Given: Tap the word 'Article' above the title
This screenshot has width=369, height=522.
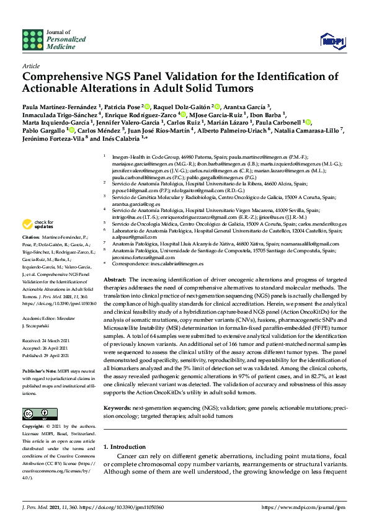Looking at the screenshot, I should tap(31, 65).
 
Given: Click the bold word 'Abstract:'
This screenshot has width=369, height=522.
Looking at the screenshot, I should tap(115, 280).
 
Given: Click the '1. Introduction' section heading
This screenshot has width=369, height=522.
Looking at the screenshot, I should tap(127, 446).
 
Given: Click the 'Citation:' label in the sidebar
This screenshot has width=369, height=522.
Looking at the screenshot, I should tap(31, 237).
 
